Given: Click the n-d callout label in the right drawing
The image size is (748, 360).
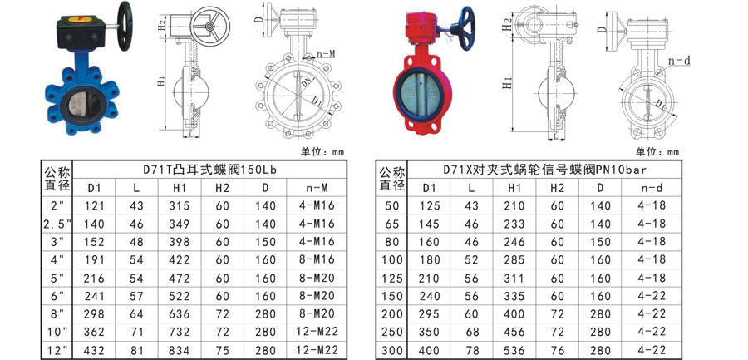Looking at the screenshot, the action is (x=679, y=61).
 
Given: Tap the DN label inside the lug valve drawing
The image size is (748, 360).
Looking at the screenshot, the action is (x=306, y=82).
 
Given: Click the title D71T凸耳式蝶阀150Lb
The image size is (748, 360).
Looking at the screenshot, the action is (x=210, y=170).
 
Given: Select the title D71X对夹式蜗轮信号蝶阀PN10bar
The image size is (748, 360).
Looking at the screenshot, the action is (x=544, y=170).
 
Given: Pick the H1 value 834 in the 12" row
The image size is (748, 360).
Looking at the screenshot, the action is (x=180, y=351).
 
